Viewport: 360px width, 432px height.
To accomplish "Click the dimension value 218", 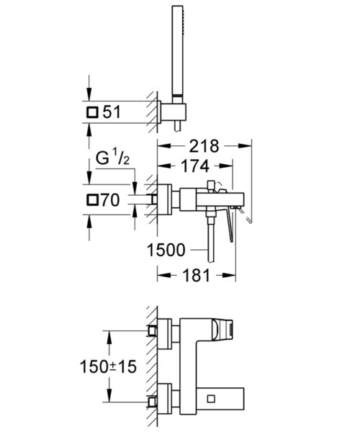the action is [204, 146].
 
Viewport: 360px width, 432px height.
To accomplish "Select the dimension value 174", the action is [195, 166].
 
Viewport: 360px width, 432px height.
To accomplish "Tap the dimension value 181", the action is [197, 275].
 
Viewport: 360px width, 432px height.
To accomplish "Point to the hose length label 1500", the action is [166, 250].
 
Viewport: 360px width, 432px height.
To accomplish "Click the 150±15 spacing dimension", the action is [108, 366].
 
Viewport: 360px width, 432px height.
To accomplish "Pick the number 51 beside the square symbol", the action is [112, 112].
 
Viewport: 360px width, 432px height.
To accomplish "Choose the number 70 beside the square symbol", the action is [110, 199].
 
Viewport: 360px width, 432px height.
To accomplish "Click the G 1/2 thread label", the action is [112, 158].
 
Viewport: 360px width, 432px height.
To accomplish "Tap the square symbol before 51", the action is [92, 112].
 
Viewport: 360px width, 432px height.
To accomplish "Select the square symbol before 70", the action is [92, 199].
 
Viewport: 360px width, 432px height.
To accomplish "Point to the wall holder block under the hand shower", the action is [174, 112].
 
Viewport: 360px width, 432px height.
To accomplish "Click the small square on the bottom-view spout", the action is [211, 399].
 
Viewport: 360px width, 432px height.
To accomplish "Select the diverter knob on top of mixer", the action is [211, 185].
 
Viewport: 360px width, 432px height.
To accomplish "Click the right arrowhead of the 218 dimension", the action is [245, 146].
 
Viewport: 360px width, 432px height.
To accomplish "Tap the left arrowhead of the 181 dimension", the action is [163, 275].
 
